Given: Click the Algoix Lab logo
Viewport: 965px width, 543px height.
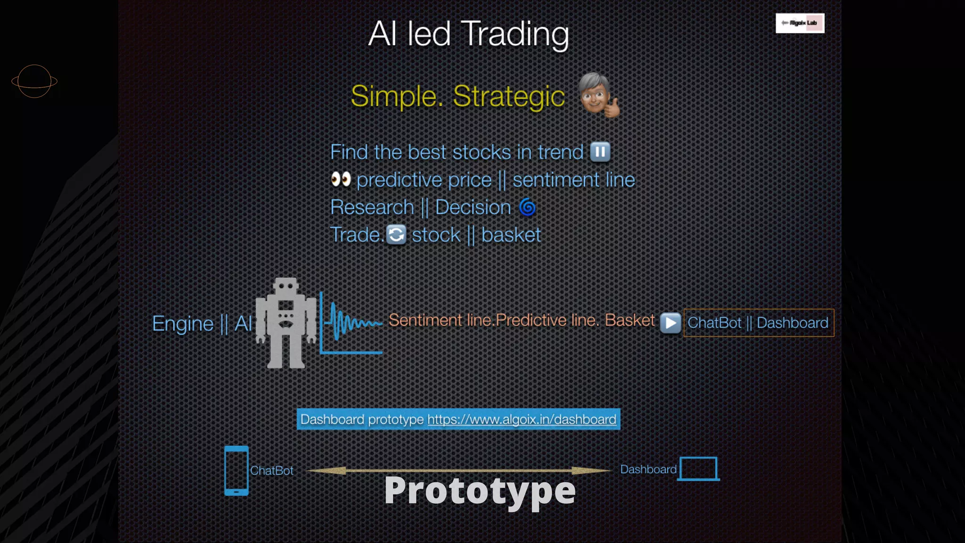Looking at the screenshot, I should coord(800,23).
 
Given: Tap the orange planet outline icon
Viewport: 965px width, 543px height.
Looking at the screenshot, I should coord(34,82).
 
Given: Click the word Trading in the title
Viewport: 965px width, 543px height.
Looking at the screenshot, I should coord(515,34).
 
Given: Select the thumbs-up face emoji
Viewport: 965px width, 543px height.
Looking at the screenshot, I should coord(598,96).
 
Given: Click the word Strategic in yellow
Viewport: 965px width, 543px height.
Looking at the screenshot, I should coord(508,96).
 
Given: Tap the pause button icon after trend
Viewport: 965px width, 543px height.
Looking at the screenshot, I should coord(600,152).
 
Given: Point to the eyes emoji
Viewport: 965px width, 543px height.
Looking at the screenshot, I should coord(341,180).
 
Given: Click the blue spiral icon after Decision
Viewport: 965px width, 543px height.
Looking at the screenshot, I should coord(527,207).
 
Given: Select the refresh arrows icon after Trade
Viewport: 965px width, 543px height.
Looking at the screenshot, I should coord(396,235).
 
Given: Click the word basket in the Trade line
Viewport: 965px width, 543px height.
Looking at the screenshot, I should coord(511,235).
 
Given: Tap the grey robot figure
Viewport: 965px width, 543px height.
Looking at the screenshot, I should coord(286,323).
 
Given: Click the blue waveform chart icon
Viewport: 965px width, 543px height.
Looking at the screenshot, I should coord(352,323).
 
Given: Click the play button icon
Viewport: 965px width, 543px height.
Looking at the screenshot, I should coord(670,323).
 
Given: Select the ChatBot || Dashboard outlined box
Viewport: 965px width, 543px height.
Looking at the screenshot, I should coord(758,323).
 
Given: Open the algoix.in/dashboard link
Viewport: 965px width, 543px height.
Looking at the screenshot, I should coord(522,420).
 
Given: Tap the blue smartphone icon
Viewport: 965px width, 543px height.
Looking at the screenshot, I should coord(236,470).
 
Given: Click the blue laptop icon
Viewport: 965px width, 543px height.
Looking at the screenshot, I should coord(699,469).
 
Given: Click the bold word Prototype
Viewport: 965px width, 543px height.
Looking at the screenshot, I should coord(480,491).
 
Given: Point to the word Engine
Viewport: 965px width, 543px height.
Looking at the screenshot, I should coord(183,324).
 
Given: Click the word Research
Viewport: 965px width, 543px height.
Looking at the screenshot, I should coord(372,207).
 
